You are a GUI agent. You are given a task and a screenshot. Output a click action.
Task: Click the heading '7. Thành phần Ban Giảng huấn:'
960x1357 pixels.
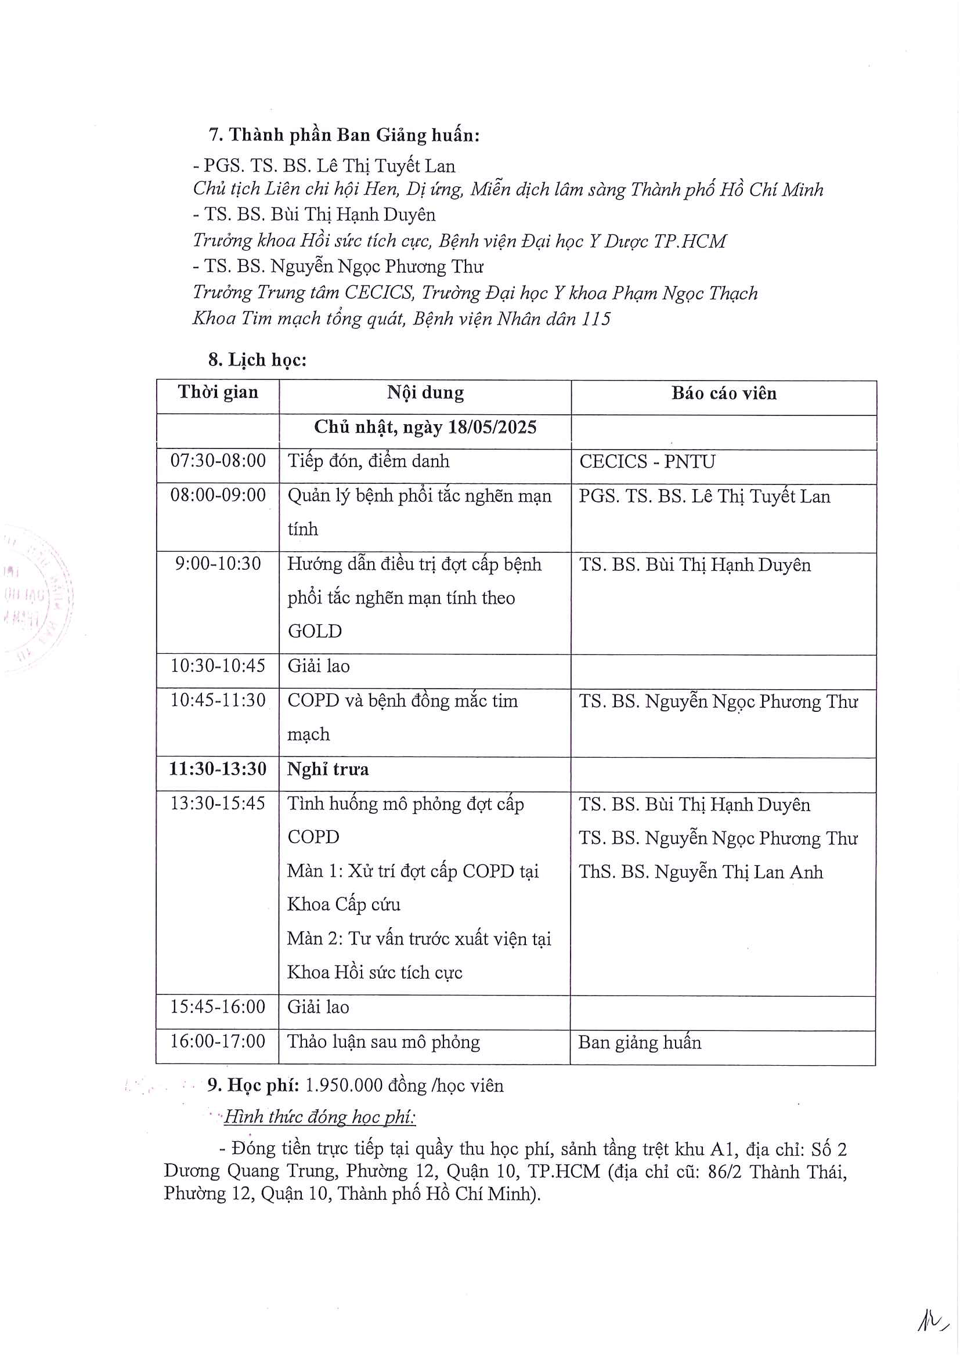tap(344, 135)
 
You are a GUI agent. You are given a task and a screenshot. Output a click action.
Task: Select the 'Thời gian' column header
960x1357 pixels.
tap(218, 392)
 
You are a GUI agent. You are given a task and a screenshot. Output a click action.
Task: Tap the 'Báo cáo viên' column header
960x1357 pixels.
tap(724, 393)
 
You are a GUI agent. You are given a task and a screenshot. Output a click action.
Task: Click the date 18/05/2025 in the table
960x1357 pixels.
tap(492, 428)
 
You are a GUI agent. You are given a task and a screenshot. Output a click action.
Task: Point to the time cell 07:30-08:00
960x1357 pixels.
tap(218, 461)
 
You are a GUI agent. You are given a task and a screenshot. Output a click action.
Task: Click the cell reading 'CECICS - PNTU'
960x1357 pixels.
tap(647, 462)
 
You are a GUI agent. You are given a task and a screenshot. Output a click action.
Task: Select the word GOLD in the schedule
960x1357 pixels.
tap(315, 631)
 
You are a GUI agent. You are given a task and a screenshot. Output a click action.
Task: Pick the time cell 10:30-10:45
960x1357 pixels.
tap(218, 666)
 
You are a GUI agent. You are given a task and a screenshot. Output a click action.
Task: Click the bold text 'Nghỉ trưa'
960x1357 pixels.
tap(327, 769)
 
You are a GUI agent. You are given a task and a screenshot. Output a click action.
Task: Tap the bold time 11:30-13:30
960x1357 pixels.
tap(218, 769)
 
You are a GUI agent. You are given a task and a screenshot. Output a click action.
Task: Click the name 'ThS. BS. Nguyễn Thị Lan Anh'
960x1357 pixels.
tap(701, 872)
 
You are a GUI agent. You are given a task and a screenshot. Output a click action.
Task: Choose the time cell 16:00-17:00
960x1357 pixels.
tap(218, 1041)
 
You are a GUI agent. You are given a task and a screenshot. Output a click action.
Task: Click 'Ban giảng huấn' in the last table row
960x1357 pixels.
tap(640, 1041)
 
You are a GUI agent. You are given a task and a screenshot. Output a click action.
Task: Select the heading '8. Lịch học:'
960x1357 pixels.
tap(257, 359)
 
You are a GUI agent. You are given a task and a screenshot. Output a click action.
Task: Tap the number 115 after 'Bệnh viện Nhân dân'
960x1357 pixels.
tap(596, 319)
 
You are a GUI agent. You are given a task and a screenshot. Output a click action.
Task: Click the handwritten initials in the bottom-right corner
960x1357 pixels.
tap(932, 1317)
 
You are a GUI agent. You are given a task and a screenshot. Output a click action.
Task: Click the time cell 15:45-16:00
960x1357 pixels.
tap(218, 1007)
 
